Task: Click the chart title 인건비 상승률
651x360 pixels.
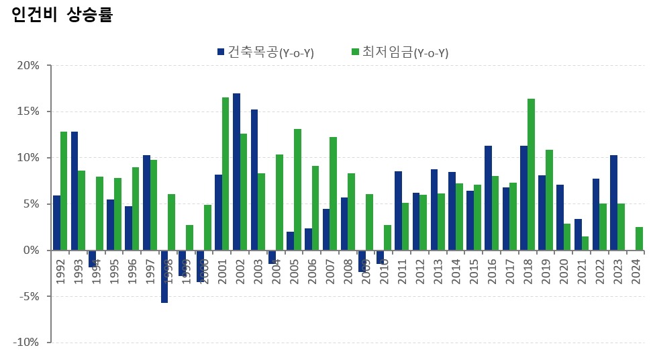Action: pos(62,15)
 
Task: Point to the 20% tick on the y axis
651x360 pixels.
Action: pos(29,66)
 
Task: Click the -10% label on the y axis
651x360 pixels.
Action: pos(28,342)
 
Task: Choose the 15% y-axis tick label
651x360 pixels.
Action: pos(29,111)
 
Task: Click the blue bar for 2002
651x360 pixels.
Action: pos(236,171)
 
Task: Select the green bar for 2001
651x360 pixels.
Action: pos(226,173)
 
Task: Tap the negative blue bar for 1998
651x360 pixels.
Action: pos(164,276)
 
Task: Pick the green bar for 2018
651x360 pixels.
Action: pos(531,174)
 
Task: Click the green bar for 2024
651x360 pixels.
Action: pos(639,238)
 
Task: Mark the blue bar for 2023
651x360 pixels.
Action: pos(613,202)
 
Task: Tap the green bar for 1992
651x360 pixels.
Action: pos(64,191)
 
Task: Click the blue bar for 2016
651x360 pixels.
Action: pos(488,197)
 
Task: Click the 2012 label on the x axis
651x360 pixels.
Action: pos(419,268)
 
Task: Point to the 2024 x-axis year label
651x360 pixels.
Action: pos(635,268)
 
